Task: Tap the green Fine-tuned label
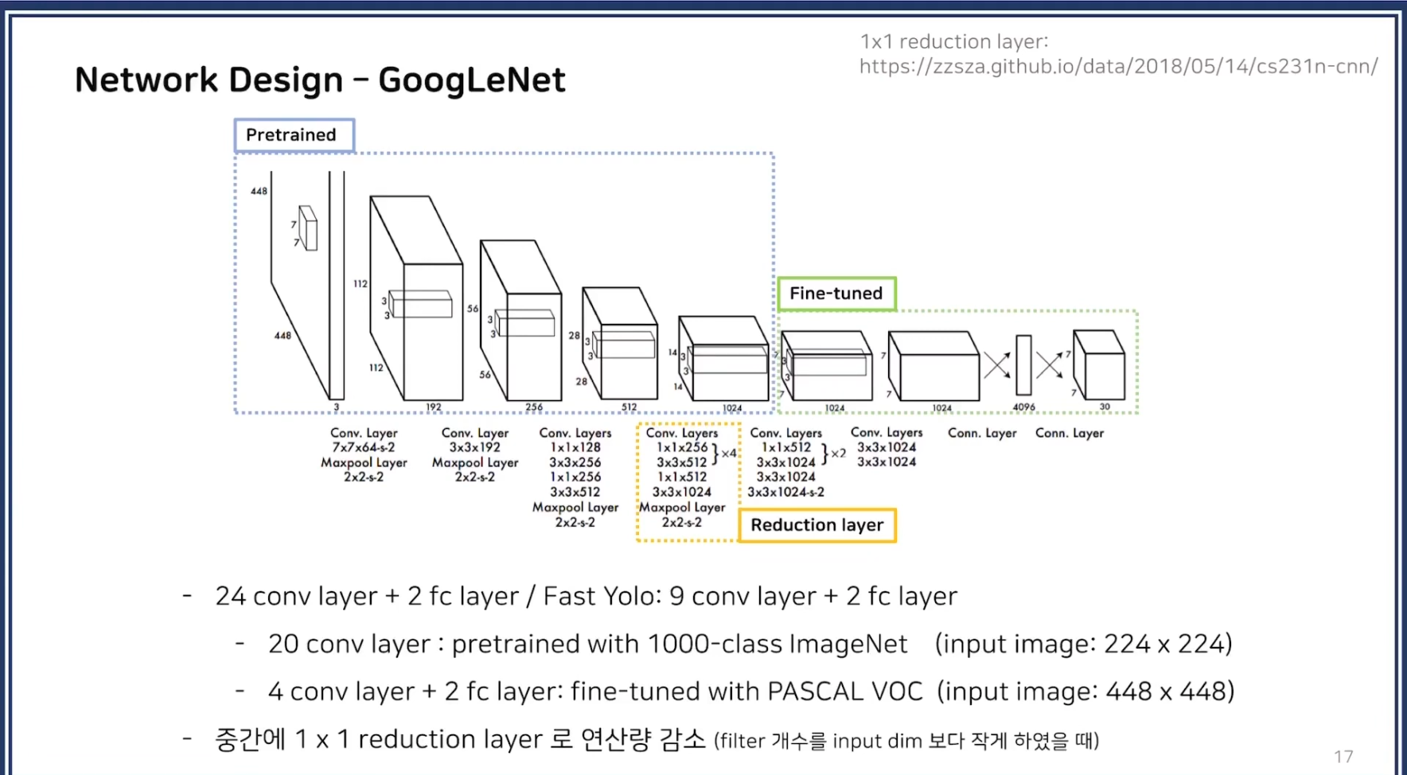coord(836,294)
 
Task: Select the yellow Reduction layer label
coord(817,525)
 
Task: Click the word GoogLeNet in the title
coord(471,80)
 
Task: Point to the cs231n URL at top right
coord(1118,66)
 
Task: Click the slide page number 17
coord(1343,757)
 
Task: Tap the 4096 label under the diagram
coord(1023,407)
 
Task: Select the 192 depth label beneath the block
coord(433,407)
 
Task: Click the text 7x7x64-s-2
coord(364,447)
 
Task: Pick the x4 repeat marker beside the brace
coord(729,454)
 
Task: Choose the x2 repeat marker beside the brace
coord(837,454)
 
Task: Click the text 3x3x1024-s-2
coord(785,492)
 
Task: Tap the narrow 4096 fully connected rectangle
coord(1023,364)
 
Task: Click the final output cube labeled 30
coord(1100,366)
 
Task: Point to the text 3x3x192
coord(475,447)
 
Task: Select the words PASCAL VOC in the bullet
coord(845,691)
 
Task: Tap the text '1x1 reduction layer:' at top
coord(954,41)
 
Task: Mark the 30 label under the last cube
coord(1105,407)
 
